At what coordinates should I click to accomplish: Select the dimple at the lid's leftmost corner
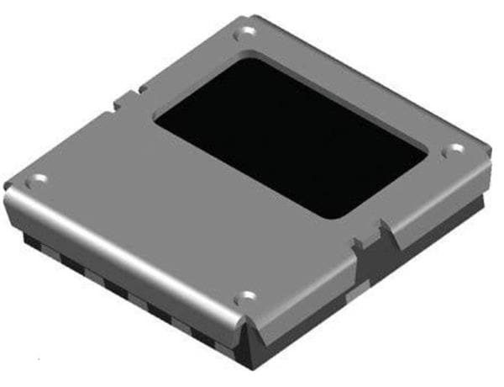coord(36,179)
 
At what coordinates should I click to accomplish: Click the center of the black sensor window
coord(291,135)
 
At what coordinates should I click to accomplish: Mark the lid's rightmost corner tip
coord(487,164)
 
